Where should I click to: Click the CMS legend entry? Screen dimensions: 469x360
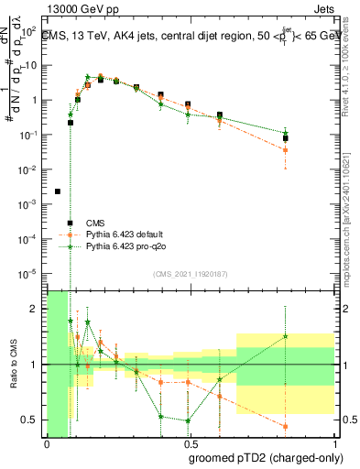tap(94, 223)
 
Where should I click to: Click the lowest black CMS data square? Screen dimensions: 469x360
tap(58, 191)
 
